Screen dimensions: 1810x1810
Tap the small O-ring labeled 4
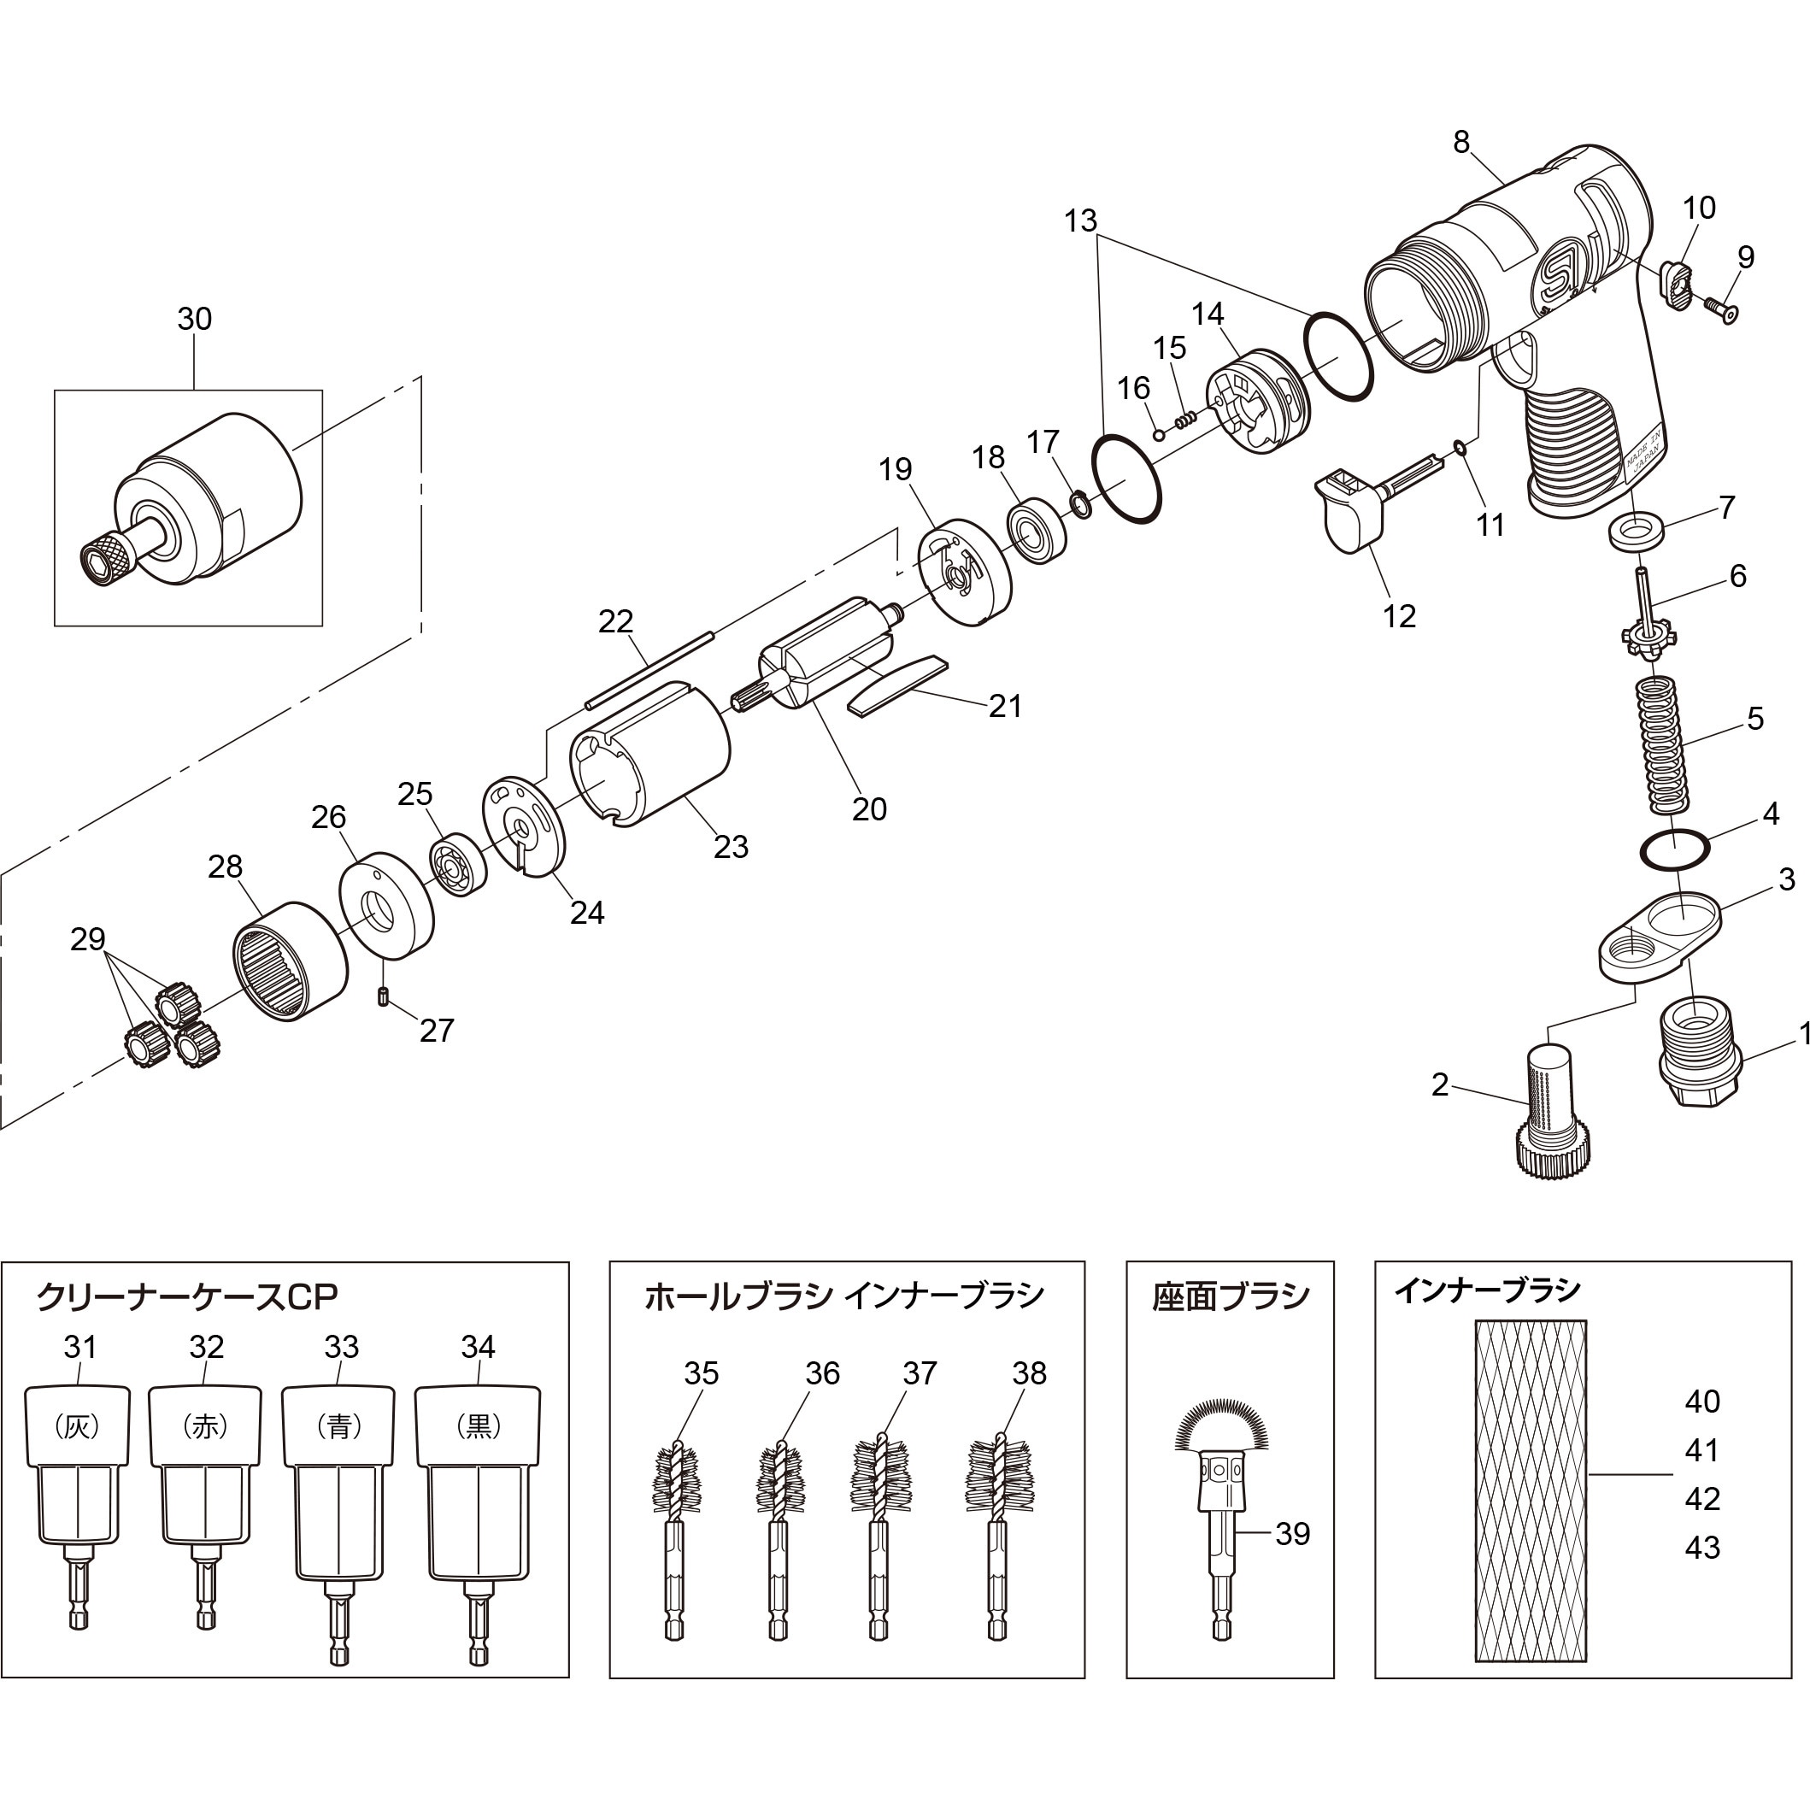pos(1675,848)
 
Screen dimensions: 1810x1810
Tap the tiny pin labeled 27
pos(383,996)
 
